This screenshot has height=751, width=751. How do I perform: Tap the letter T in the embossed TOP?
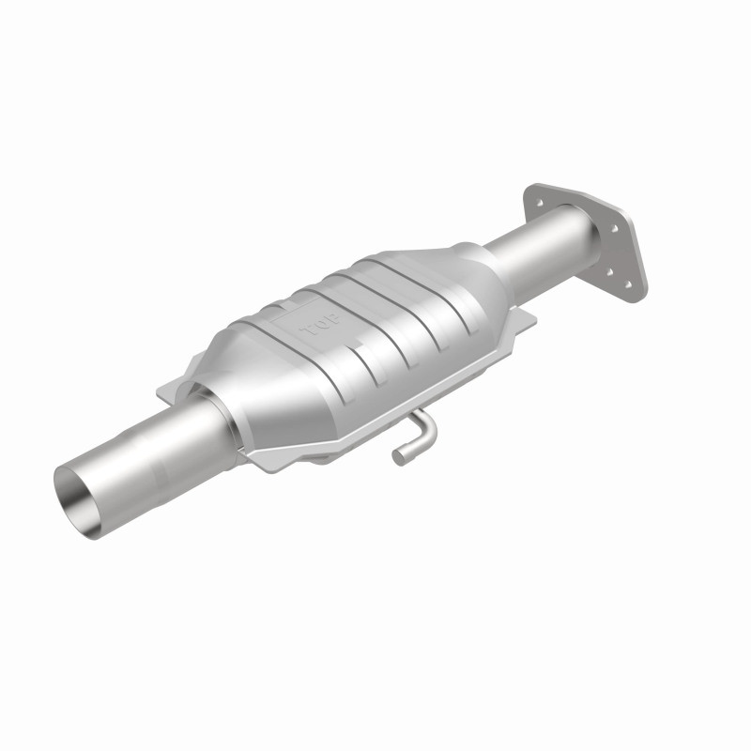click(x=305, y=334)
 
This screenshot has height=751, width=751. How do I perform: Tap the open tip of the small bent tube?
click(x=401, y=457)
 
